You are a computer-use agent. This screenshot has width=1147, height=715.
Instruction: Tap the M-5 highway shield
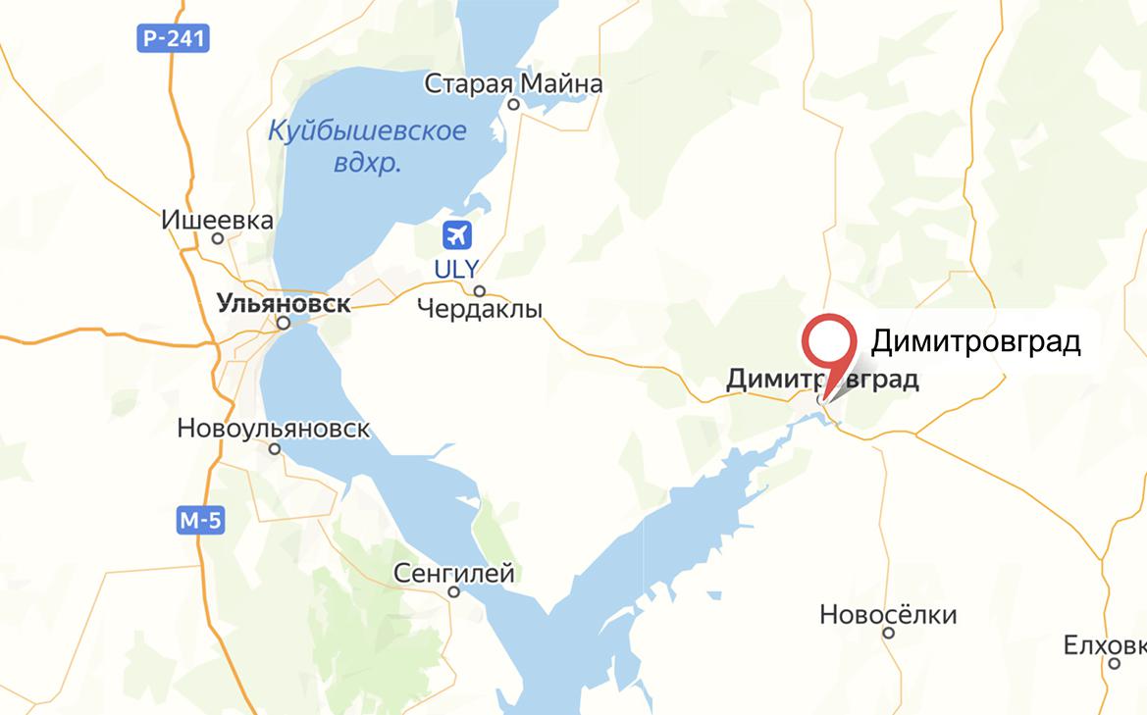click(200, 521)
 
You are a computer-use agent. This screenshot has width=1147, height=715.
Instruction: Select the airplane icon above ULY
click(457, 235)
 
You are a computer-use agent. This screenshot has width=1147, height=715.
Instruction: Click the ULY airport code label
click(458, 268)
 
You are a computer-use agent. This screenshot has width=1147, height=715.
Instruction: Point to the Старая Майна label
click(513, 83)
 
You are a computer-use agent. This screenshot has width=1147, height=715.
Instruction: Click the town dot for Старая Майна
click(512, 104)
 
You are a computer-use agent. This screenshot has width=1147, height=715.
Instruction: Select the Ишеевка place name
click(217, 221)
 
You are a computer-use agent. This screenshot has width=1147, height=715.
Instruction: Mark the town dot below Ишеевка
click(218, 238)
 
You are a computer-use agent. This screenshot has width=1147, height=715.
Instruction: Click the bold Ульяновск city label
click(283, 303)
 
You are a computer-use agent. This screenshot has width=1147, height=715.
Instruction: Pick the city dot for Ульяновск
click(283, 322)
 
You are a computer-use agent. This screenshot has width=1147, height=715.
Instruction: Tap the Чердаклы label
click(480, 310)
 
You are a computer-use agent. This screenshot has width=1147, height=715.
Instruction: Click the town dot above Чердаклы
click(480, 291)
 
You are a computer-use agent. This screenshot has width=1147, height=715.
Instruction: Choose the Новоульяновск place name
click(274, 429)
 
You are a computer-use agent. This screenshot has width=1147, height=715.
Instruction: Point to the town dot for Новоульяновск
click(275, 448)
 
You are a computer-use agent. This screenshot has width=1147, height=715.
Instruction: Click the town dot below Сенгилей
click(453, 592)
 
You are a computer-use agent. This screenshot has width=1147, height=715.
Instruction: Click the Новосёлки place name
click(888, 615)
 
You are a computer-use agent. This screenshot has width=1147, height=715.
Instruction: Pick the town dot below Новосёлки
click(888, 634)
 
